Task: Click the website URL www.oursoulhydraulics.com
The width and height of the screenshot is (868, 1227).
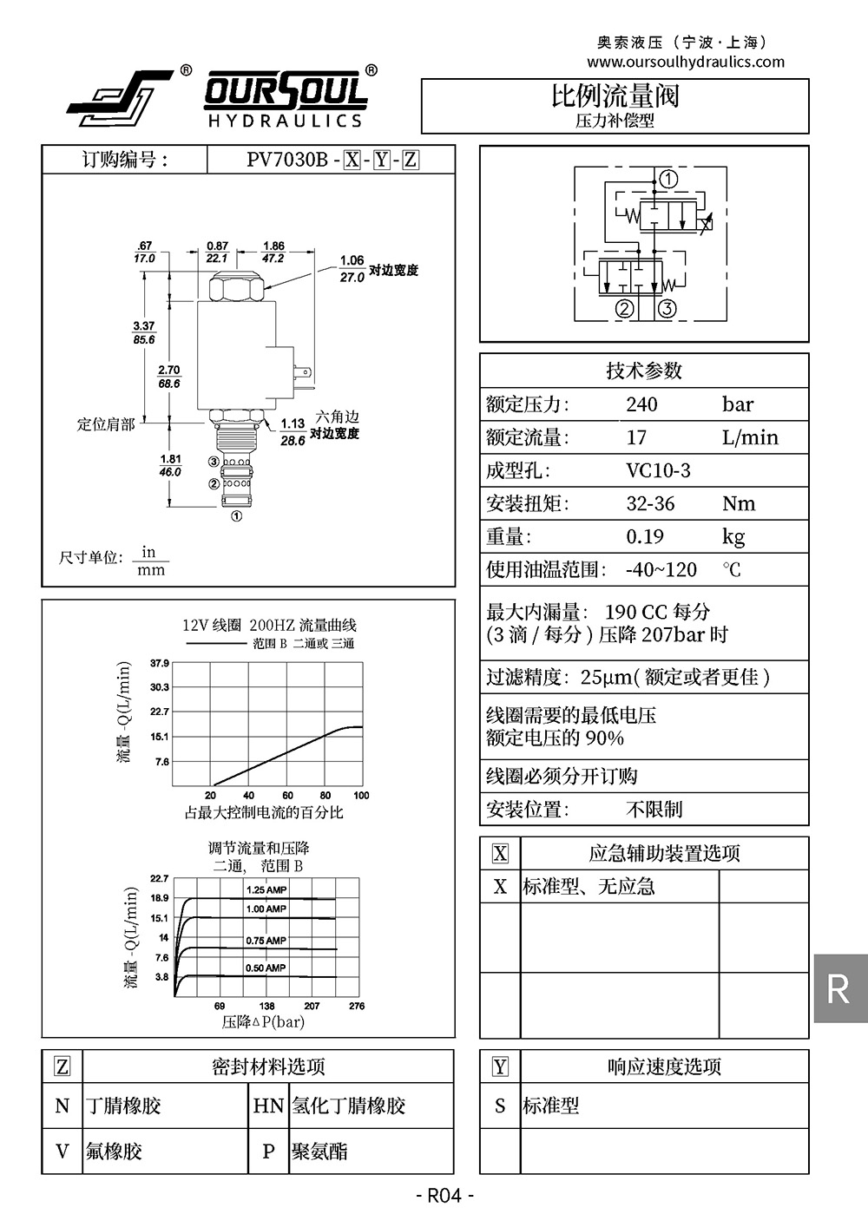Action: pos(685,62)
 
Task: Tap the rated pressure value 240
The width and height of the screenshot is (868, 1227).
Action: pos(641,404)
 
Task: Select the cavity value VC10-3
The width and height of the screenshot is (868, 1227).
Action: pos(658,470)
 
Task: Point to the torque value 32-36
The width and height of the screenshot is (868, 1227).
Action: pos(650,503)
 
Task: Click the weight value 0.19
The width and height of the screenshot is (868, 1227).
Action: pos(644,536)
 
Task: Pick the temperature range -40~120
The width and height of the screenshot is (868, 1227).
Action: pos(661,569)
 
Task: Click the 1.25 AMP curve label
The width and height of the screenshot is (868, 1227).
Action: pos(266,889)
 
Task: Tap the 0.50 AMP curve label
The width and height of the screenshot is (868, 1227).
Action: pos(266,968)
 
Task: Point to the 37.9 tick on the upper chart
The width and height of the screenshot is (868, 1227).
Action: pos(160,664)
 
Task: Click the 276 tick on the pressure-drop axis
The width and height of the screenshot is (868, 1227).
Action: pos(357,1006)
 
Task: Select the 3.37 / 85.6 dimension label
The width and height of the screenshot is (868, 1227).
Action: pos(144,333)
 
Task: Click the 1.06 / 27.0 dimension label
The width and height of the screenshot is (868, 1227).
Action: pos(352,268)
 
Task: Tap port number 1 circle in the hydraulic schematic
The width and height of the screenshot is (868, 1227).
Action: pos(668,180)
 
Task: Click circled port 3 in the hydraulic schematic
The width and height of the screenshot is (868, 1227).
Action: pos(667,308)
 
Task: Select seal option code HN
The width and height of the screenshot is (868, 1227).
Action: pos(268,1106)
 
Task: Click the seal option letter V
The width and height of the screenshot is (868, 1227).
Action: pos(62,1152)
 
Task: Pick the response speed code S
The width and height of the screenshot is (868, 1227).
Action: pos(500,1106)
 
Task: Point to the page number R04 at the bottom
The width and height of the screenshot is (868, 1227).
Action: pos(444,1196)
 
